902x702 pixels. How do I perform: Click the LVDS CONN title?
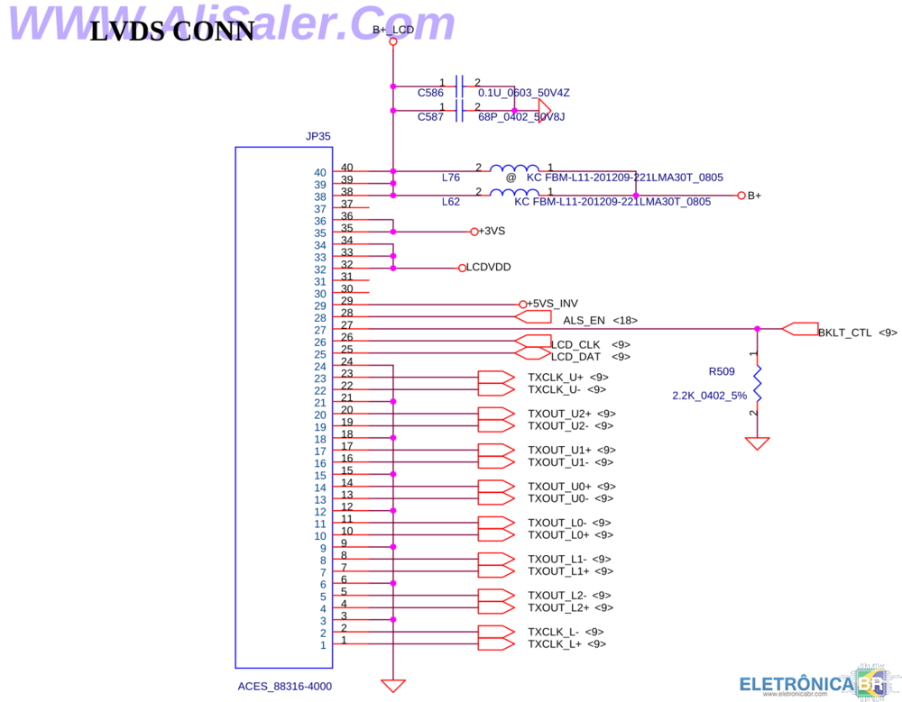click(172, 32)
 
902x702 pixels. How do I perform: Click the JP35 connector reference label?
click(318, 137)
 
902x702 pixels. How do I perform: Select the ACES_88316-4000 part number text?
click(285, 686)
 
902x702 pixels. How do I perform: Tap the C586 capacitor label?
click(430, 93)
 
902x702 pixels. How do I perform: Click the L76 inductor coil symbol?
click(515, 169)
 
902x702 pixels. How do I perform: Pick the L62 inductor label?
click(451, 202)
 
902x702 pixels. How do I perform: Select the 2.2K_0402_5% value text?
click(710, 396)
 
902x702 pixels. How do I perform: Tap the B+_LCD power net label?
click(393, 30)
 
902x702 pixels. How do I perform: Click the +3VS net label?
click(492, 232)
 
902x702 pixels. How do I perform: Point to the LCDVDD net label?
click(489, 268)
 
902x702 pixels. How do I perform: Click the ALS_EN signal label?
click(584, 320)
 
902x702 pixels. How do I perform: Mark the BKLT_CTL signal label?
click(845, 333)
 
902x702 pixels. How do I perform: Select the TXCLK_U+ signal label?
click(555, 377)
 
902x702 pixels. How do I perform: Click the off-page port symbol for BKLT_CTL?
click(800, 329)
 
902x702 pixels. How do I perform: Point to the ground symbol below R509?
click(758, 443)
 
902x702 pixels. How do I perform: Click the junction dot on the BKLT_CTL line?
click(758, 329)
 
